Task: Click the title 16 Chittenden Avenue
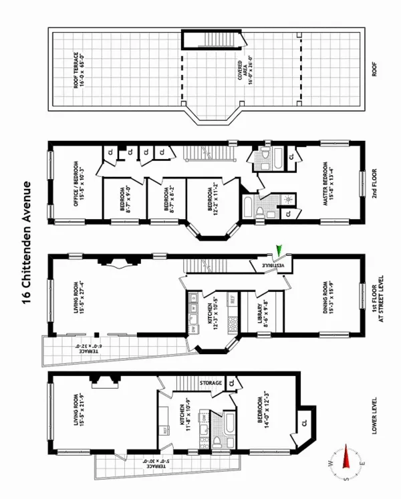coord(27,241)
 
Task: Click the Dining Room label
coord(328,297)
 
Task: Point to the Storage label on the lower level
coord(211,383)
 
